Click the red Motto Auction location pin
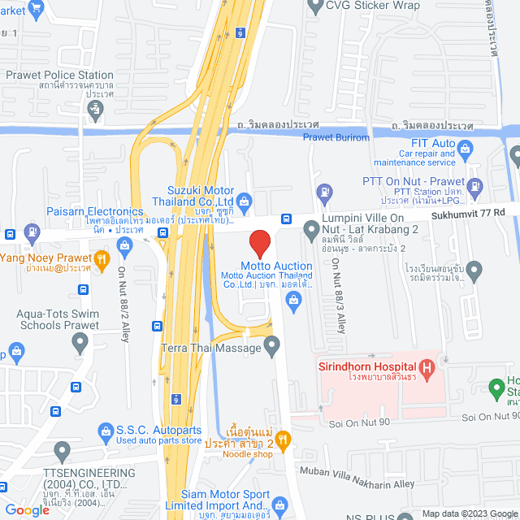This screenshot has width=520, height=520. click(259, 243)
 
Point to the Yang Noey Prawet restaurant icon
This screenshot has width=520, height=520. click(102, 260)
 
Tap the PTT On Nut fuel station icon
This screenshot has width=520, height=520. click(324, 193)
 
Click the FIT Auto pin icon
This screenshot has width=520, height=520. click(465, 148)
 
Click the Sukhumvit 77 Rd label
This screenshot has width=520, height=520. click(467, 212)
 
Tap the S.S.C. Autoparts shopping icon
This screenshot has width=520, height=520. click(105, 429)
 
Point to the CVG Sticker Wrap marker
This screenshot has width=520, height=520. click(316, 7)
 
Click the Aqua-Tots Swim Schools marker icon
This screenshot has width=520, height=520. click(79, 342)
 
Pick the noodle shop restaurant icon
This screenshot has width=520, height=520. click(284, 440)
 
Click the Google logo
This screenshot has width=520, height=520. click(27, 509)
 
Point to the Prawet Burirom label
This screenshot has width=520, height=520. click(336, 138)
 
